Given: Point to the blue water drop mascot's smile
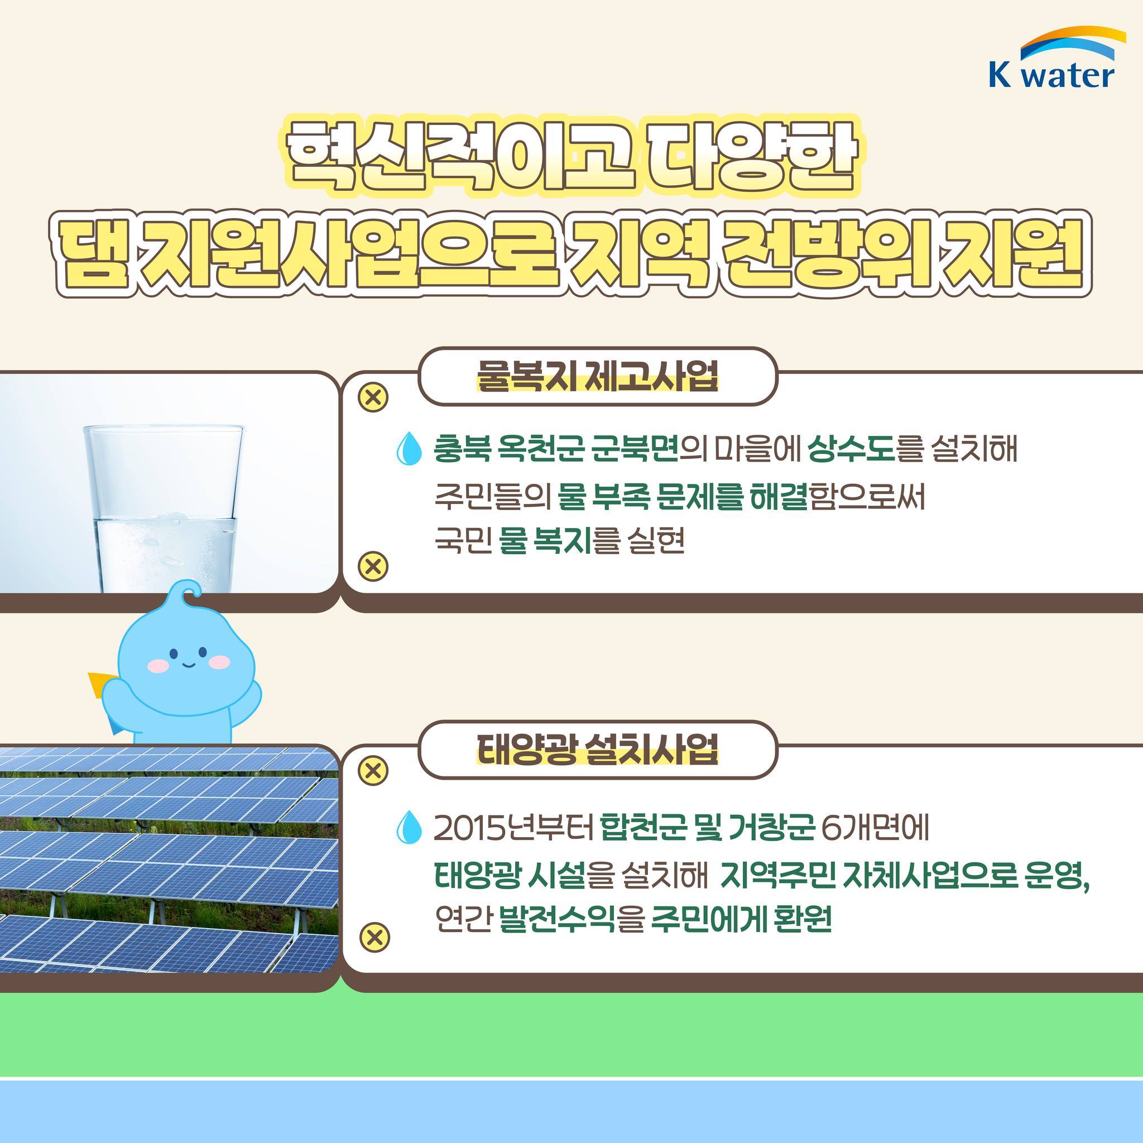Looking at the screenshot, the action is [x=187, y=664].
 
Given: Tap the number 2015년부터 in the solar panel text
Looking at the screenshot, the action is [x=513, y=828].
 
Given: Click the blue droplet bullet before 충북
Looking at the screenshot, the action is [x=409, y=449].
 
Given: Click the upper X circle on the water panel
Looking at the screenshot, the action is [x=373, y=397].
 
